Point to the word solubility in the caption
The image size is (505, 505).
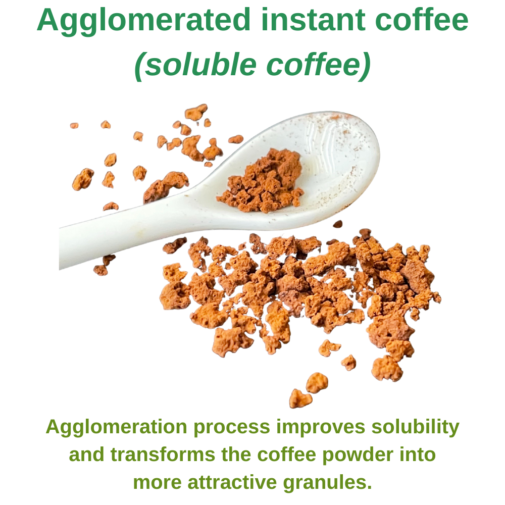point(416,427)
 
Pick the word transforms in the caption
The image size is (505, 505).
point(163,455)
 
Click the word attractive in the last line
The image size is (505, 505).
point(232,483)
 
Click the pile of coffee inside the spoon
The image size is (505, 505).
point(261,182)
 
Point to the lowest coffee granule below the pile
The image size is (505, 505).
point(300,399)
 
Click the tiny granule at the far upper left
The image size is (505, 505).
point(74,126)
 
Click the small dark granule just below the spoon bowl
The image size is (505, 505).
point(337,224)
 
